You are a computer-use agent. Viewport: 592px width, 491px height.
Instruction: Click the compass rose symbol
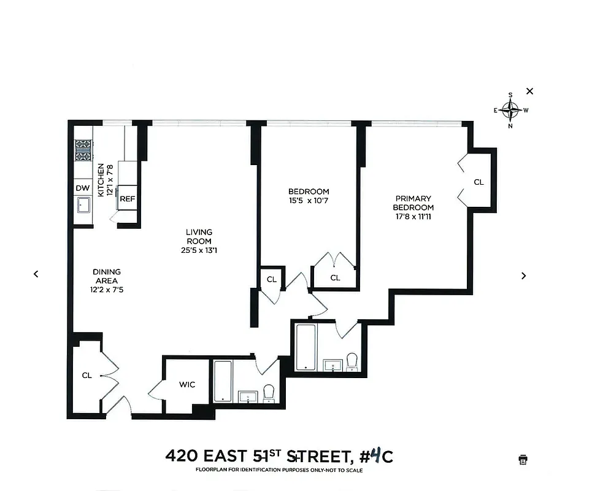pyautogui.click(x=510, y=110)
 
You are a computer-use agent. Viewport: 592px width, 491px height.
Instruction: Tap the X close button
pyautogui.click(x=530, y=91)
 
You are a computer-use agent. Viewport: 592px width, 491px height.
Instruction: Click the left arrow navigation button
pyautogui.click(x=36, y=274)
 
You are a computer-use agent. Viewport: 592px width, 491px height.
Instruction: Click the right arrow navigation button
pyautogui.click(x=523, y=276)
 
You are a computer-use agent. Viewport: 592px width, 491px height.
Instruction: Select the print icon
pyautogui.click(x=523, y=459)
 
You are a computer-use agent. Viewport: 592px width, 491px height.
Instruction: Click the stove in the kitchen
pyautogui.click(x=83, y=150)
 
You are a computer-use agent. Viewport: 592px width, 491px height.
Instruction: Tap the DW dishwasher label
pyautogui.click(x=82, y=188)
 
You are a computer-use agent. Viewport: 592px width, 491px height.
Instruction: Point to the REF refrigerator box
pyautogui.click(x=128, y=199)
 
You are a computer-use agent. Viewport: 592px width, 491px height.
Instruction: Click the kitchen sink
pyautogui.click(x=83, y=205)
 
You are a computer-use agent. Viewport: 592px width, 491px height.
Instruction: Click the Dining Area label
pyautogui.click(x=107, y=276)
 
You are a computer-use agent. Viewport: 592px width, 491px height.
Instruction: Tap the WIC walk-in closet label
pyautogui.click(x=187, y=385)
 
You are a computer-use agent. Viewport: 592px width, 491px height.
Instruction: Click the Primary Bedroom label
pyautogui.click(x=413, y=203)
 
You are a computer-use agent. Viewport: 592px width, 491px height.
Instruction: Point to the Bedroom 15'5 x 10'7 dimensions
pyautogui.click(x=309, y=201)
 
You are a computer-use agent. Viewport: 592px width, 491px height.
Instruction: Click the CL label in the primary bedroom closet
pyautogui.click(x=479, y=182)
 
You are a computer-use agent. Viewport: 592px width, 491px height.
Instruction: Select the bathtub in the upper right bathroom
pyautogui.click(x=306, y=347)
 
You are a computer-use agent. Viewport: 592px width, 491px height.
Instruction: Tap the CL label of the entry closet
pyautogui.click(x=87, y=375)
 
